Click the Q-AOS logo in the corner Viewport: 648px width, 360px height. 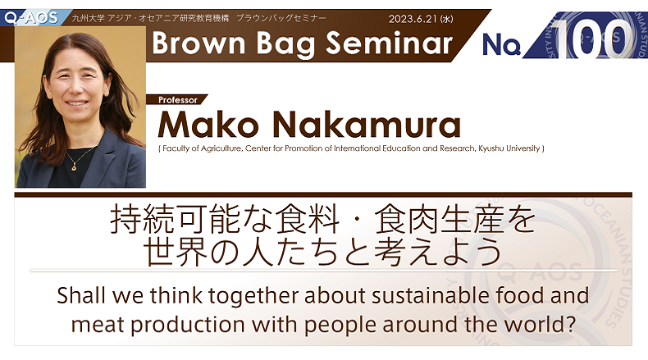[x=32, y=18]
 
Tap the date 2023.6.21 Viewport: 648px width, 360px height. [x=413, y=19]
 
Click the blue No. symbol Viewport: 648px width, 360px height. [x=501, y=43]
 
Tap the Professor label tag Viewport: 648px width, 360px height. [x=178, y=100]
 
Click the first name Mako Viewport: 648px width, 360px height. [x=208, y=125]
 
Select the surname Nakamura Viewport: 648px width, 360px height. [x=367, y=125]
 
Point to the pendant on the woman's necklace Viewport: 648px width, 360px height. [x=74, y=167]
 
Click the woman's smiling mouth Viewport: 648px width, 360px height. [x=77, y=103]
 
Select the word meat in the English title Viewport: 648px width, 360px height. [x=98, y=325]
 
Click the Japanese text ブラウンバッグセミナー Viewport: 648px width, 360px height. [x=281, y=18]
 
